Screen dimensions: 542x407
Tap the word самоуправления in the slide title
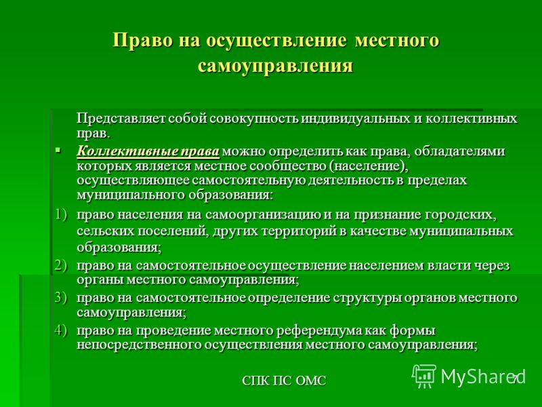[x=276, y=65]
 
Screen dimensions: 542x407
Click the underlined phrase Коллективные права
[x=148, y=151]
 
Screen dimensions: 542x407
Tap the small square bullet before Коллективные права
[x=58, y=151]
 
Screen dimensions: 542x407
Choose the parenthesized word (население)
[x=369, y=166]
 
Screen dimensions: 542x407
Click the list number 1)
[x=61, y=214]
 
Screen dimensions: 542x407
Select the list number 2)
[x=61, y=265]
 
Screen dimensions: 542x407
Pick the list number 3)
[x=61, y=298]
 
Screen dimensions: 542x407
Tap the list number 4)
[x=61, y=330]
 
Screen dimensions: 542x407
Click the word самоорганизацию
[x=263, y=215]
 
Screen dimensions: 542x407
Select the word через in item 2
[x=492, y=266]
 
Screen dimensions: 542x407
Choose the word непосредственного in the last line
[x=138, y=345]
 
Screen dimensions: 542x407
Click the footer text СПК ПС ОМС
[x=284, y=381]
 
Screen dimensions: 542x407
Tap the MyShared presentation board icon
[x=425, y=376]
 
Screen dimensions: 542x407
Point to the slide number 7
[x=515, y=379]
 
